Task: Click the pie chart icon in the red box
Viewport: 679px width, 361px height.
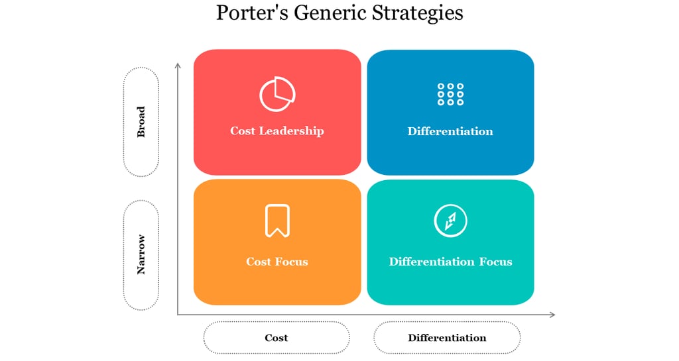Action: (277, 94)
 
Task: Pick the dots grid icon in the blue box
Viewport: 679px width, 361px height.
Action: (450, 94)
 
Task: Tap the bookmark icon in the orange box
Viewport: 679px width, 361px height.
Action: (277, 221)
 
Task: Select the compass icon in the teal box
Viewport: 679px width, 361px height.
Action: (450, 221)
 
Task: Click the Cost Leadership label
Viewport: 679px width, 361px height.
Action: (277, 130)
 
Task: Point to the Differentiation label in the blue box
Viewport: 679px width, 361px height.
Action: (450, 131)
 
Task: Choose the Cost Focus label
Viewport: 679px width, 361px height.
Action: (277, 262)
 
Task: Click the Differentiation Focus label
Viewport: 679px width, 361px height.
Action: (450, 262)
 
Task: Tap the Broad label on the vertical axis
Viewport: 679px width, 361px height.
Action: (141, 122)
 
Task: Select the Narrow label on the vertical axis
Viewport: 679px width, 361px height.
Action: (141, 254)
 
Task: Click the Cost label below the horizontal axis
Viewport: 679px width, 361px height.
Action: (277, 338)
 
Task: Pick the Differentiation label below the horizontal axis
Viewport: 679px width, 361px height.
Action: (447, 338)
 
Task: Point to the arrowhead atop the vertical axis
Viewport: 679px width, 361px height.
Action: (178, 65)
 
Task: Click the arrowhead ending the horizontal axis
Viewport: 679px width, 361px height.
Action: (552, 315)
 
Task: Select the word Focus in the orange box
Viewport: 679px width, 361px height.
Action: (292, 262)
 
